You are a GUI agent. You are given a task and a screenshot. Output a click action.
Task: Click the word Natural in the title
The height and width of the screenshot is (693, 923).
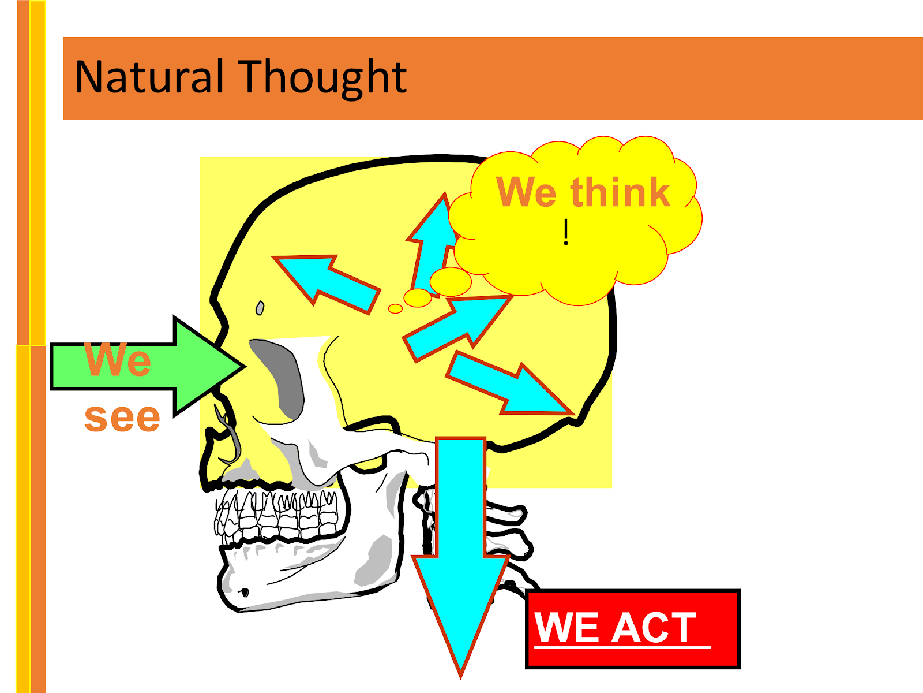coord(149,77)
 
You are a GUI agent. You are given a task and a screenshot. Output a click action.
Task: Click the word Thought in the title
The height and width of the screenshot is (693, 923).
coord(323,78)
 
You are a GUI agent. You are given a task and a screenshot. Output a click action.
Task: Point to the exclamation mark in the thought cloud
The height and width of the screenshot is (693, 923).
coord(566,232)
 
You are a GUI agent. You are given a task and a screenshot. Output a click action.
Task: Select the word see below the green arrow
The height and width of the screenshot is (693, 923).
coord(122,417)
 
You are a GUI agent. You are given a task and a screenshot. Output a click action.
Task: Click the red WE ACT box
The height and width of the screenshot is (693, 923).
coord(633,628)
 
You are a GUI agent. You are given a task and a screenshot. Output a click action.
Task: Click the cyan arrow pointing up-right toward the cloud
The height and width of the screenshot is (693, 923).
coord(456,326)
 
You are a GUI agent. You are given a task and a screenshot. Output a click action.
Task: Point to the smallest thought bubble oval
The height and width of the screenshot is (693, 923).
coord(395,309)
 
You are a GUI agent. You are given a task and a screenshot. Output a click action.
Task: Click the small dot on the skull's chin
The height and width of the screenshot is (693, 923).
coord(245,593)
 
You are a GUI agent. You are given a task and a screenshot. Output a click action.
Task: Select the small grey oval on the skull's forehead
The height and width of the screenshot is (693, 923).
coord(260,308)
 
